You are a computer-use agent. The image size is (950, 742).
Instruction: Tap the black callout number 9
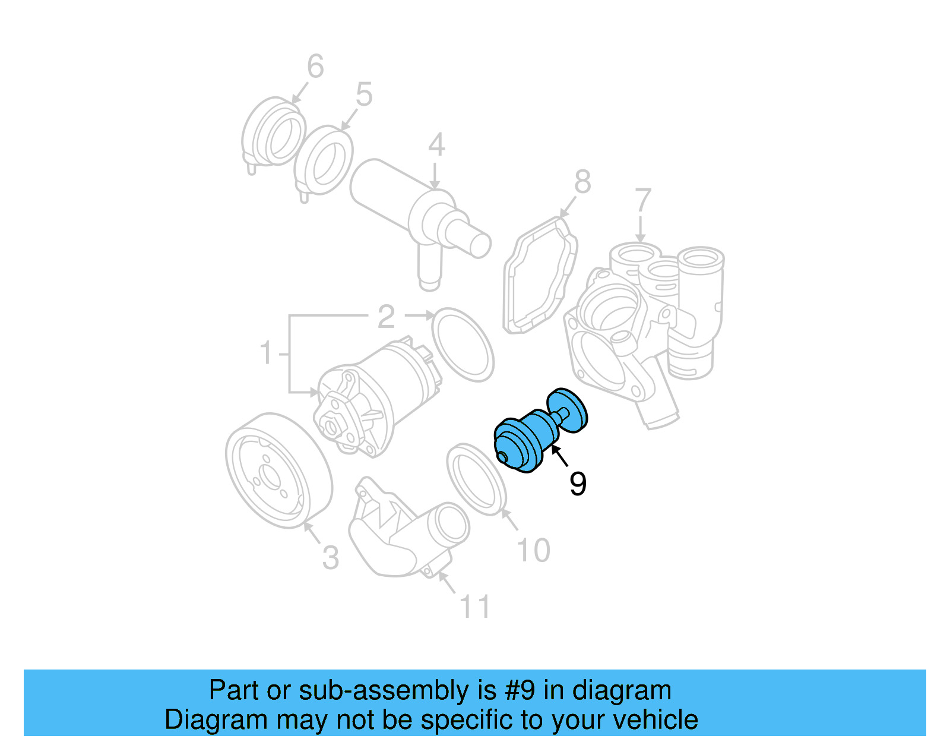click(578, 484)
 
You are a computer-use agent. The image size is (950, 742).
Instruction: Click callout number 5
click(364, 95)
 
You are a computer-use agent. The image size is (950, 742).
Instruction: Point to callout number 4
click(436, 146)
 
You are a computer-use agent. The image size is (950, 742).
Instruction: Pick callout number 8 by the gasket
click(582, 182)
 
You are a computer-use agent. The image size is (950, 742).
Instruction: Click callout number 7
click(644, 201)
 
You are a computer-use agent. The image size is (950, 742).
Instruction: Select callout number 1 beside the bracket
click(267, 353)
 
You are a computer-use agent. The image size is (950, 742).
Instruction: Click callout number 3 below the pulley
click(331, 558)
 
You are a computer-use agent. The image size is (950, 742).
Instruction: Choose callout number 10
click(534, 551)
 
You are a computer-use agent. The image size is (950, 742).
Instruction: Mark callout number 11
click(475, 607)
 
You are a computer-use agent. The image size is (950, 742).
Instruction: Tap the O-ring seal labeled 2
click(463, 345)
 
